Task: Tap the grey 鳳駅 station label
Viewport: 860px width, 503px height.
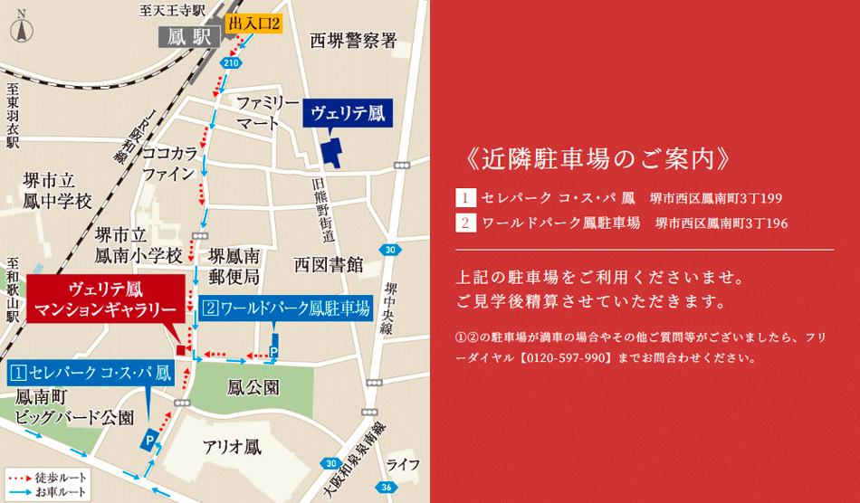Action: (186, 37)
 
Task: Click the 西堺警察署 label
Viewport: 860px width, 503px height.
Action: (354, 41)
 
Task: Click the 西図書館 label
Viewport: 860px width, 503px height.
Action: (328, 264)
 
